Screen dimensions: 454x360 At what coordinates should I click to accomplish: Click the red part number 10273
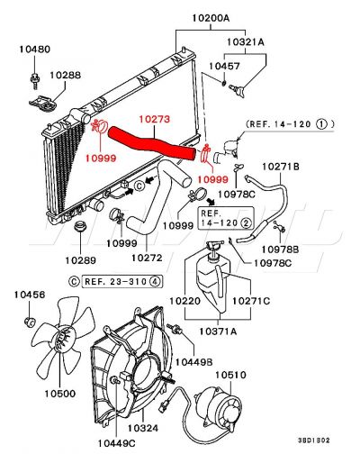click(x=155, y=117)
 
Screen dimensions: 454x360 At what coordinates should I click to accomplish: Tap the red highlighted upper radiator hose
click(x=153, y=142)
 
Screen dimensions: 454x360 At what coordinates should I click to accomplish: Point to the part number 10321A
click(x=245, y=41)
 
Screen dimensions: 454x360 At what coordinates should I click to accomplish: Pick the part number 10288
click(x=65, y=77)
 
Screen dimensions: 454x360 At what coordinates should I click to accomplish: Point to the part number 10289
click(x=80, y=261)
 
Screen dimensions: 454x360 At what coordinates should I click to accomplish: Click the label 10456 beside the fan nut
click(x=32, y=295)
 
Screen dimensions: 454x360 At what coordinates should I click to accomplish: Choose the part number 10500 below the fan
click(x=61, y=394)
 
